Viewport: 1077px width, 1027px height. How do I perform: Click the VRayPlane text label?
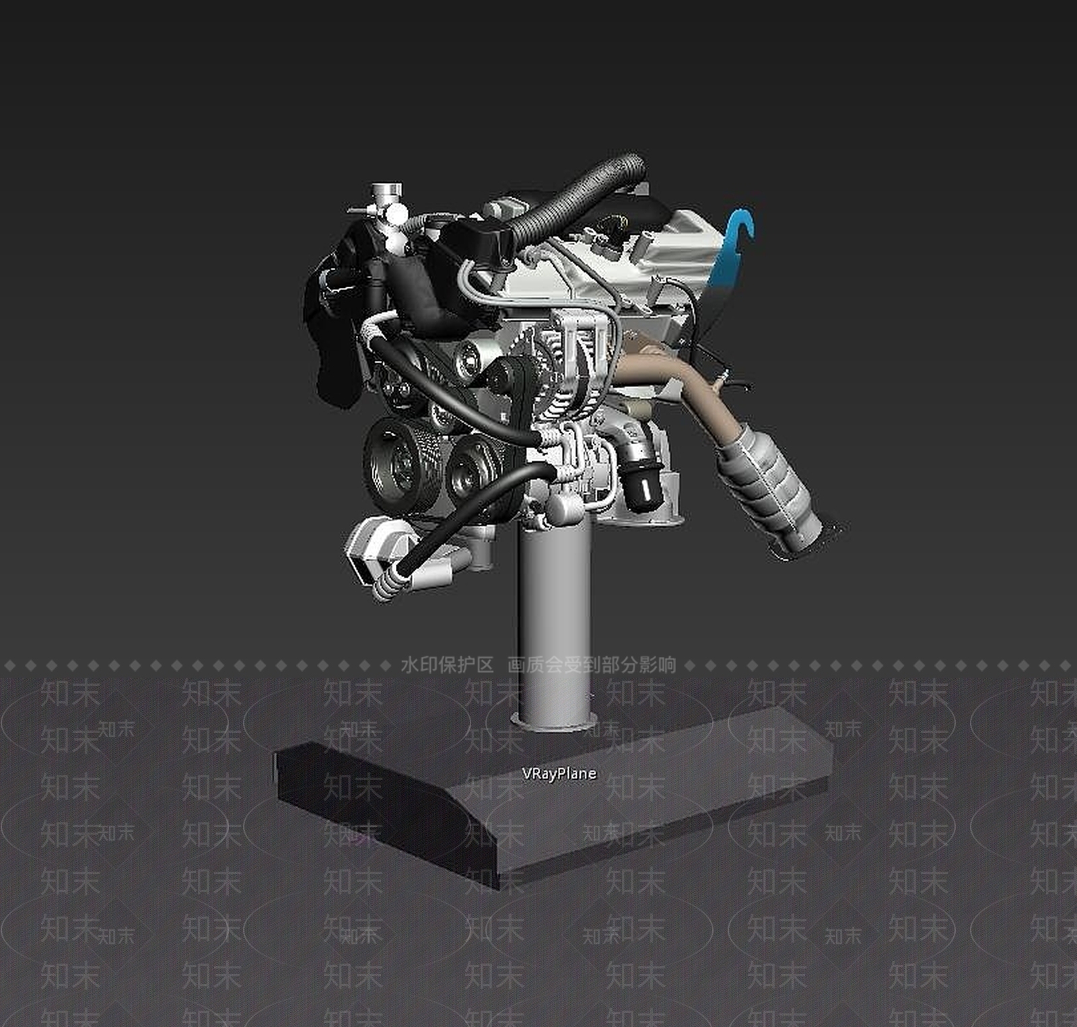[x=559, y=773]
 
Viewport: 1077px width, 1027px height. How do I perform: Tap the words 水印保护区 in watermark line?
[x=447, y=666]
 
